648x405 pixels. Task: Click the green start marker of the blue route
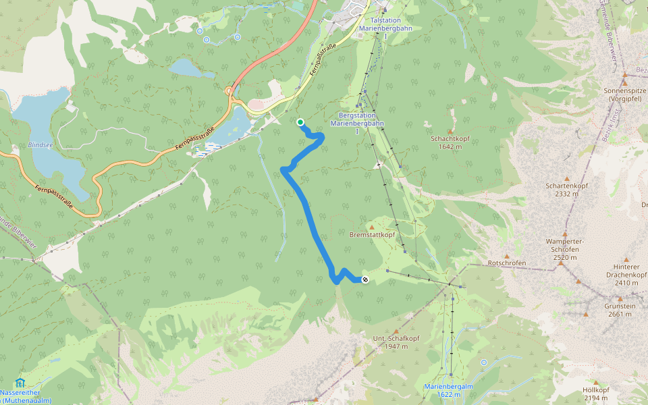coord(300,122)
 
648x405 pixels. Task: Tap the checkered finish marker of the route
coord(365,279)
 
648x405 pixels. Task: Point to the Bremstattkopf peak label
coord(372,235)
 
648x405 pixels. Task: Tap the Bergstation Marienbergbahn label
coord(357,119)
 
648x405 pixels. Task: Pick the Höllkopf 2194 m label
coord(596,394)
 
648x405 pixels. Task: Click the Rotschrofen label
coord(507,263)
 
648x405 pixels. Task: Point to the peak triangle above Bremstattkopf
coord(371,227)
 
